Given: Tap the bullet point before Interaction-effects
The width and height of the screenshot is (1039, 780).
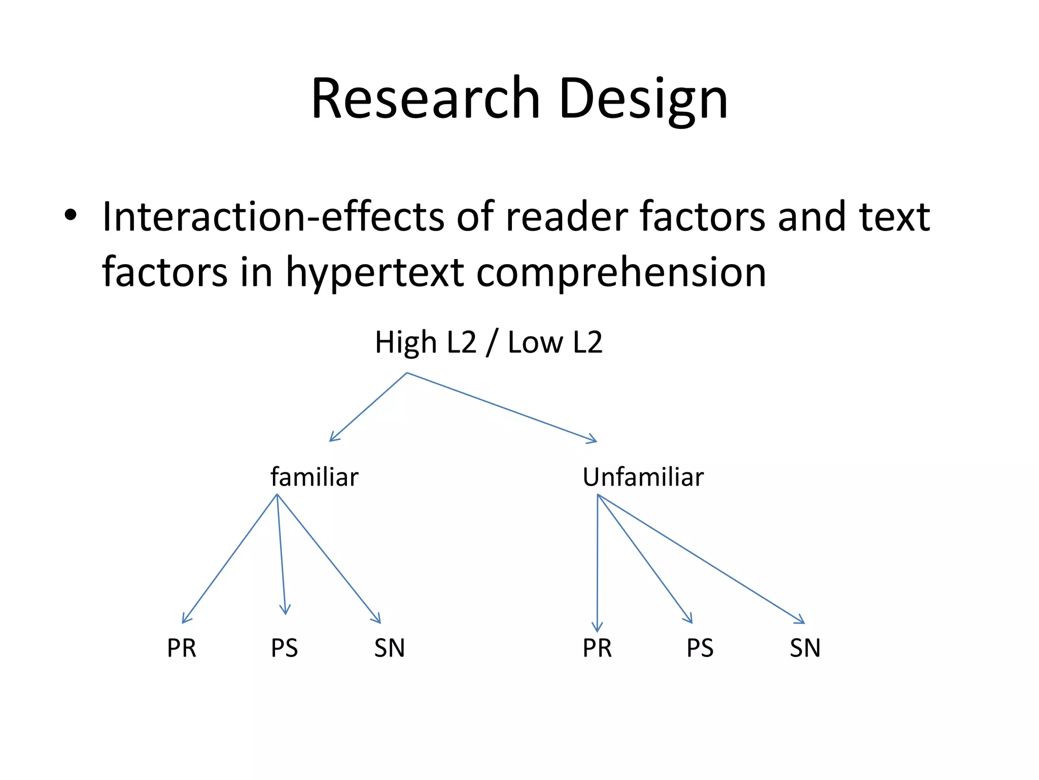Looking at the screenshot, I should [71, 215].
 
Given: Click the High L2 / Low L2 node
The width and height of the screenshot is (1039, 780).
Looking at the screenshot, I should [488, 342].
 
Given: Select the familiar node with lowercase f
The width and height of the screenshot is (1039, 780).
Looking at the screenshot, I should [314, 477].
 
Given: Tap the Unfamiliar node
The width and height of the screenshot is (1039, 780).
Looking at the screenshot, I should [643, 477].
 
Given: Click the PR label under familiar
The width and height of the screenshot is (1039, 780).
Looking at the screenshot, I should [182, 648].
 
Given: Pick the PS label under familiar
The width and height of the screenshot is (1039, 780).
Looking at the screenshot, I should [284, 648].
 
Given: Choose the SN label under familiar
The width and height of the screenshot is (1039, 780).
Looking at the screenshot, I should [389, 648].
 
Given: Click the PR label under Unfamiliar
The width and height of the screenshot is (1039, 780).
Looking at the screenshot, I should [597, 648].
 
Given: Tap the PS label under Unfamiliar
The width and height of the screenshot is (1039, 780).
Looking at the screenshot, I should [700, 648].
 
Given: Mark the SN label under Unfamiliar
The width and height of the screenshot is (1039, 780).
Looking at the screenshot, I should [805, 648].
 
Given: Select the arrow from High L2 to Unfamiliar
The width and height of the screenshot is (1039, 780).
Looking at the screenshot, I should [502, 407].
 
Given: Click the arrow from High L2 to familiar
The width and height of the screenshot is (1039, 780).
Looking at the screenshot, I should [368, 407].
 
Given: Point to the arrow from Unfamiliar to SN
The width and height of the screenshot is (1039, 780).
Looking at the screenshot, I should [701, 559].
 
